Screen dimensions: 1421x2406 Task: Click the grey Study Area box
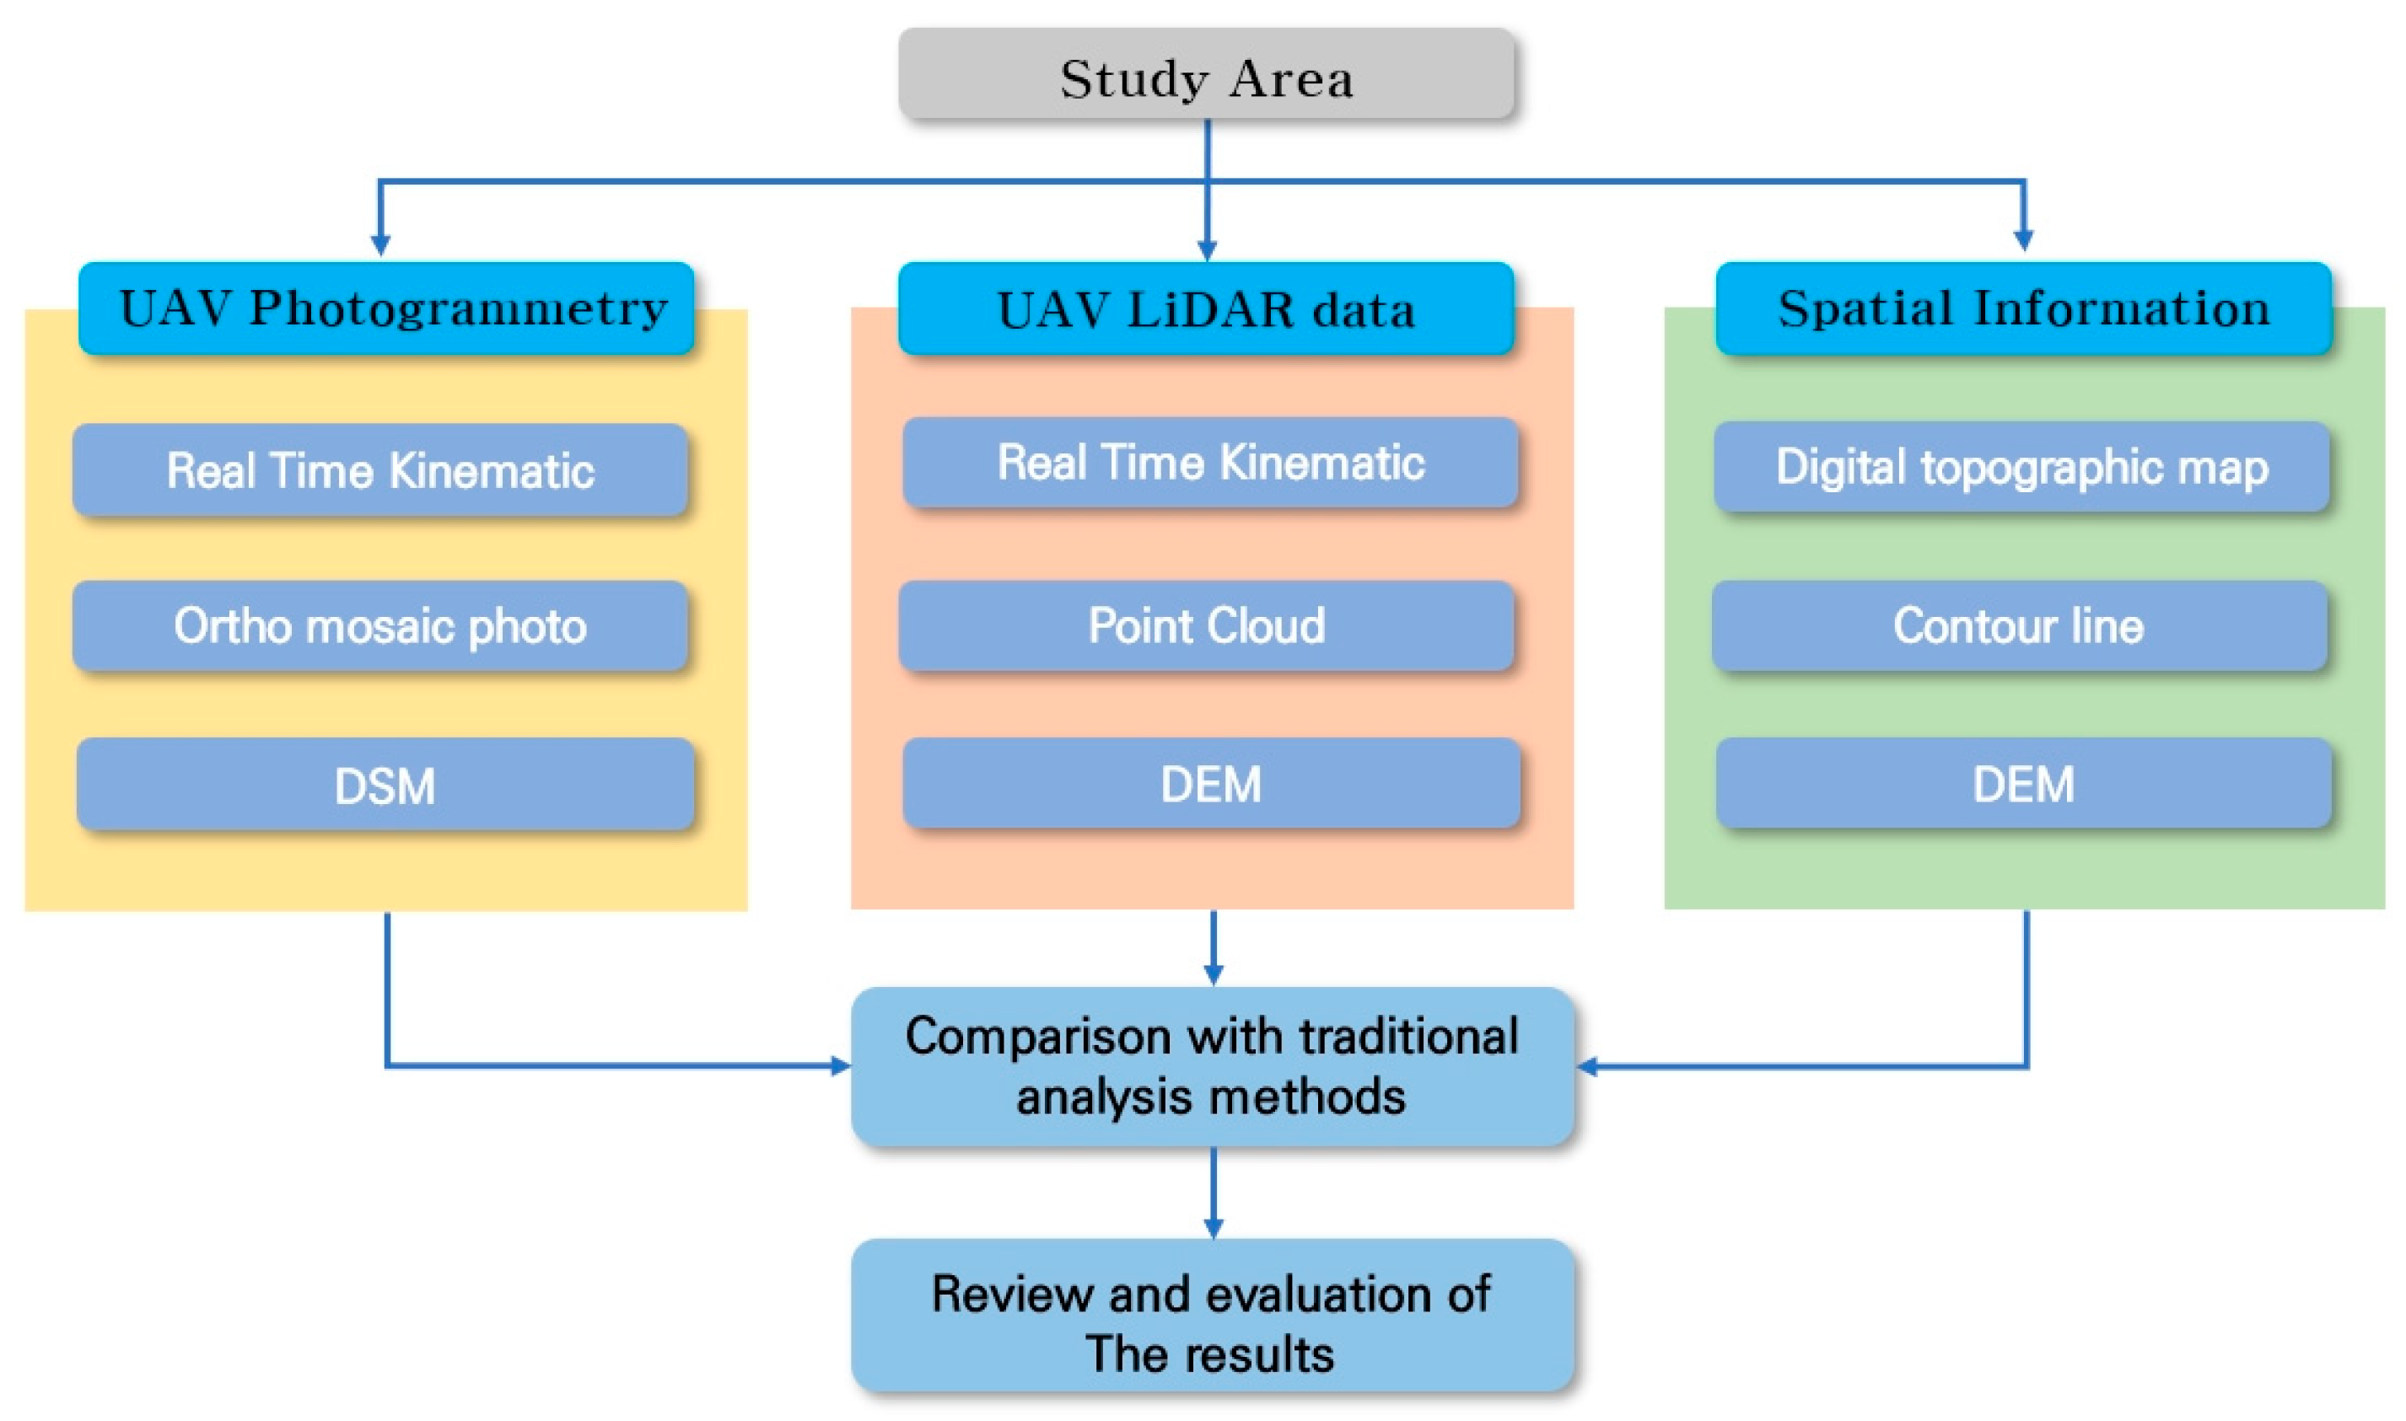point(1206,75)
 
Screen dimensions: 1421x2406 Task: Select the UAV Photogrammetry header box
point(386,308)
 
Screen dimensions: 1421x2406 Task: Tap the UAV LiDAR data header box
point(1206,308)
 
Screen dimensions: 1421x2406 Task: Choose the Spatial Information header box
point(2023,308)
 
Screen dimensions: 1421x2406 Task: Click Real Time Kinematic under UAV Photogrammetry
point(380,470)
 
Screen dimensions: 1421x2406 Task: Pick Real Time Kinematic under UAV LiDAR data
point(1211,463)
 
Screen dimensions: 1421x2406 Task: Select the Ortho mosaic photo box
point(380,626)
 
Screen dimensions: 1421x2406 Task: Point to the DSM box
point(385,784)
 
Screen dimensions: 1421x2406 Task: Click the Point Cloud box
point(1206,626)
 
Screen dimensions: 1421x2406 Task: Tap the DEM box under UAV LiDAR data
point(1211,783)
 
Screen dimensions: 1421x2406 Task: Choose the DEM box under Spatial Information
point(2023,783)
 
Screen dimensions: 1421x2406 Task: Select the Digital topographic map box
point(2021,467)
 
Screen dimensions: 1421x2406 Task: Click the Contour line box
point(2019,626)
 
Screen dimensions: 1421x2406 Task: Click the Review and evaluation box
point(1212,1316)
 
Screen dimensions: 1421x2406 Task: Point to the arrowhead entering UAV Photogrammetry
point(380,244)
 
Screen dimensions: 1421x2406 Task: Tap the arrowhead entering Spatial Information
point(2023,239)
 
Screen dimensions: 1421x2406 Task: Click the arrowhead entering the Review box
point(1213,1228)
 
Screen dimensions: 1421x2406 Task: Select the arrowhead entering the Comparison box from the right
point(1587,1065)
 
